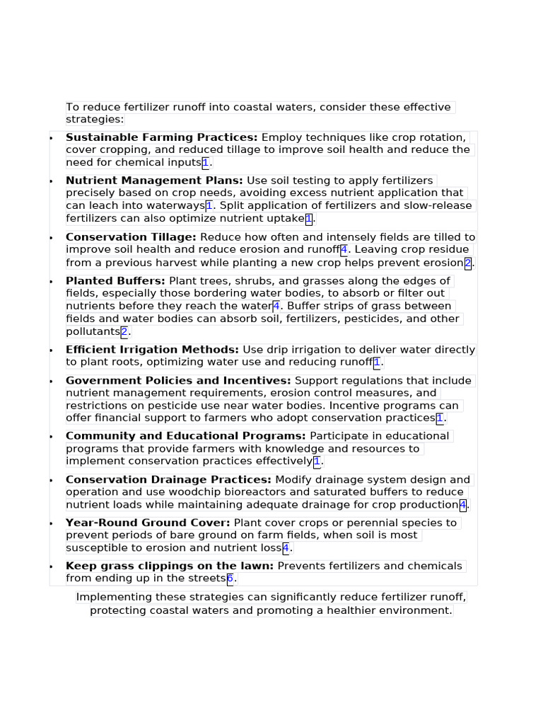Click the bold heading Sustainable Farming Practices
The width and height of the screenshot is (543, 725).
[x=161, y=137]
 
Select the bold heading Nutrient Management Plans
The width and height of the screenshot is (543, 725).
[x=154, y=181]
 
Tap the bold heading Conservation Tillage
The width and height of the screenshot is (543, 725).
[x=131, y=237]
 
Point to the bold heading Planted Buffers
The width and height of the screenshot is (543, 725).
[x=115, y=281]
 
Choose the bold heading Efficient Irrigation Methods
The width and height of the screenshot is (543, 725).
[x=152, y=350]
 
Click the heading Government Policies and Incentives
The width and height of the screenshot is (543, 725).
[x=178, y=381]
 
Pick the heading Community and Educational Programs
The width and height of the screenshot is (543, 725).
[x=185, y=436]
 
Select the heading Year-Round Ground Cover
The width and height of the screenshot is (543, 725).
[x=148, y=523]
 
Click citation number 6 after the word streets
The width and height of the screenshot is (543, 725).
[x=230, y=579]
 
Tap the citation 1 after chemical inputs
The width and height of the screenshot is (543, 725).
[x=206, y=163]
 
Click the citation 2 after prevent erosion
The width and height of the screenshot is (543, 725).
[x=467, y=263]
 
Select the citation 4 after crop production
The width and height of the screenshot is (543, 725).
[x=462, y=505]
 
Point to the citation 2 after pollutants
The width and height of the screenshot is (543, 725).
[x=124, y=332]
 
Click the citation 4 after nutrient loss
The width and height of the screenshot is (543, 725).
[x=286, y=548]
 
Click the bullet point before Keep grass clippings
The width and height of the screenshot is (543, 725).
[x=51, y=567]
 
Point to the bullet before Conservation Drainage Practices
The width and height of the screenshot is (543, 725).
[x=51, y=481]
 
